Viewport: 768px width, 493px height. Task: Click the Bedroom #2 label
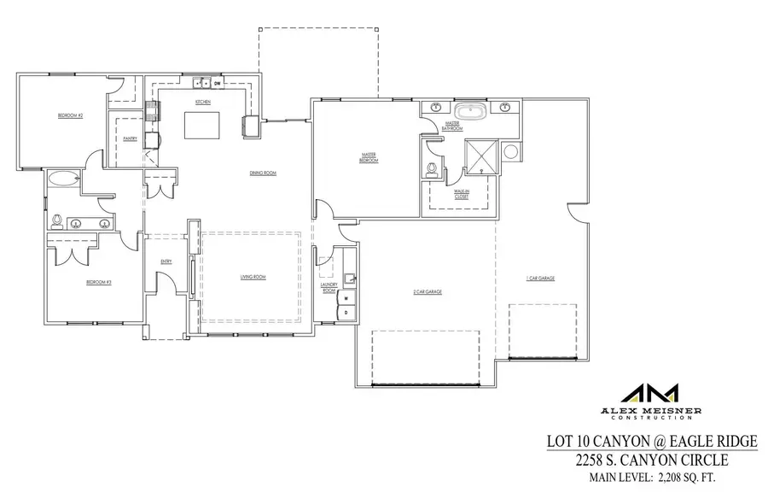coord(70,115)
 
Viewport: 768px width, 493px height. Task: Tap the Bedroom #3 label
coord(99,282)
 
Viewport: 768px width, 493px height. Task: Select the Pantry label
coord(130,138)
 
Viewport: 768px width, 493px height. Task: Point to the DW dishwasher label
coord(218,84)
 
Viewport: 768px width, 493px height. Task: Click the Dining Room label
coord(263,173)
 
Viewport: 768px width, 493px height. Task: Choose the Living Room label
coord(253,277)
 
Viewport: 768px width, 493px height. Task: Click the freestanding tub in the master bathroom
coord(469,111)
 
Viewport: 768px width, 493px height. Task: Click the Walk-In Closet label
coord(462,195)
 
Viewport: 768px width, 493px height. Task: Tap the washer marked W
coord(346,299)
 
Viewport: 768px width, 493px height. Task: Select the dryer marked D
coord(346,313)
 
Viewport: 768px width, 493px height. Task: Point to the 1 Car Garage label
coord(540,278)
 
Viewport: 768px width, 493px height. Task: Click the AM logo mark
coord(649,394)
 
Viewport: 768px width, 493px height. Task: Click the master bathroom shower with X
coord(480,155)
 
